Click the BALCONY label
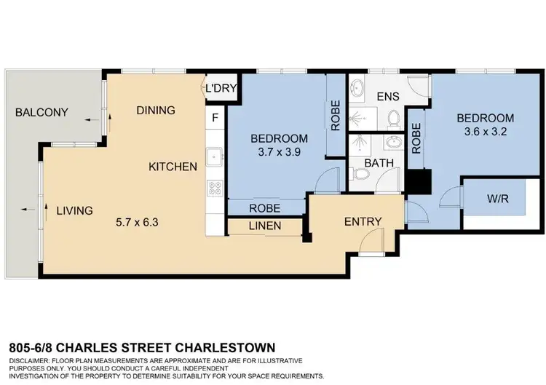(x=41, y=113)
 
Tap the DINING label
(x=155, y=111)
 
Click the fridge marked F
(x=215, y=117)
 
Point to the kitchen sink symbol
(x=215, y=155)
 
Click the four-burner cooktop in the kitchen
(x=215, y=188)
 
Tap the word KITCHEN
(x=173, y=167)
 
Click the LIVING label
(x=75, y=211)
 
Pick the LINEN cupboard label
(x=265, y=226)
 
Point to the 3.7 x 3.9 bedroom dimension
(x=279, y=153)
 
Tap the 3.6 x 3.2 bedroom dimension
(x=485, y=133)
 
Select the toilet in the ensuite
(x=394, y=118)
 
